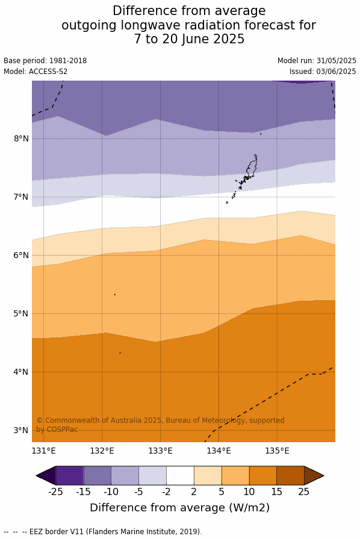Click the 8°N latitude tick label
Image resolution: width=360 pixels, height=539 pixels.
pyautogui.click(x=21, y=138)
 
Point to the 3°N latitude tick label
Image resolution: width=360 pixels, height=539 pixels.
pyautogui.click(x=21, y=430)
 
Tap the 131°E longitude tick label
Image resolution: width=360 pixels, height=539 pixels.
pyautogui.click(x=44, y=451)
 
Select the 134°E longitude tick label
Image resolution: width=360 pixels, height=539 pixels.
pyautogui.click(x=219, y=451)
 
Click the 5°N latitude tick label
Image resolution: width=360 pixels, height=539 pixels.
pyautogui.click(x=21, y=313)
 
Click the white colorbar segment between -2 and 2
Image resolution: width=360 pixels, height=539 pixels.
pyautogui.click(x=180, y=475)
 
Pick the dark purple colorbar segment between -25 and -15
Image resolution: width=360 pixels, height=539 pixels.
pyautogui.click(x=69, y=475)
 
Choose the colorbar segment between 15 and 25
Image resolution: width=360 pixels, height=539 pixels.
pyautogui.click(x=291, y=475)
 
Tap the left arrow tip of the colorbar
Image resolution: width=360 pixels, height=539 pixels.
pyautogui.click(x=36, y=476)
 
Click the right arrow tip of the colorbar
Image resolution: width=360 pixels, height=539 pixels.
pyautogui.click(x=324, y=476)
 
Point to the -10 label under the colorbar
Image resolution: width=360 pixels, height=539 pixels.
pyautogui.click(x=111, y=492)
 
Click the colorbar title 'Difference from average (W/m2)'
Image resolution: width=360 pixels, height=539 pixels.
pyautogui.click(x=179, y=508)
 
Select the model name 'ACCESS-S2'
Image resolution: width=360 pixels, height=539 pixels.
pyautogui.click(x=48, y=72)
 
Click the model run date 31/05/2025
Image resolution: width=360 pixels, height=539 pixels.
pyautogui.click(x=337, y=61)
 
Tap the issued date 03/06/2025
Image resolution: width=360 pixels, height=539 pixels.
pyautogui.click(x=337, y=72)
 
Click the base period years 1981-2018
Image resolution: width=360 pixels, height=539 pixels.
pyautogui.click(x=68, y=61)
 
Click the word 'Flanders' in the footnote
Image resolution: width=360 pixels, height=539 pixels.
pyautogui.click(x=101, y=531)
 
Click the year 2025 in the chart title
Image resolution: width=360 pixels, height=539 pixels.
pyautogui.click(x=229, y=39)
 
